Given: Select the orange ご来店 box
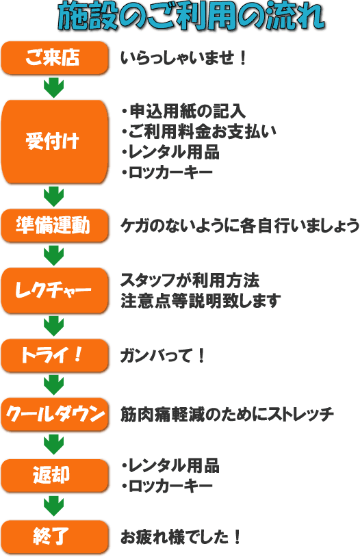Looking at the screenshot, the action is click(54, 58).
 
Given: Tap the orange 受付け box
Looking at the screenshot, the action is click(54, 142).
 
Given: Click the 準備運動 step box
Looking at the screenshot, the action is click(54, 226).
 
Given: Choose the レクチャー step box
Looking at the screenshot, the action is click(54, 291).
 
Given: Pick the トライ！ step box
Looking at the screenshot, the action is click(54, 355).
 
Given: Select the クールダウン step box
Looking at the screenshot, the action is click(54, 414).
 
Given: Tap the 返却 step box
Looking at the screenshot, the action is click(54, 476).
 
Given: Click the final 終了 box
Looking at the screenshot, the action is click(54, 536).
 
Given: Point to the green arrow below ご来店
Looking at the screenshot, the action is click(53, 88).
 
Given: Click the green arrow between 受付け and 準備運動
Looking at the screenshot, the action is click(53, 197).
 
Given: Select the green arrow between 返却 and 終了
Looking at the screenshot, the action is click(53, 506).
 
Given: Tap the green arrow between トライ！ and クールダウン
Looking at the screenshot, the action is click(53, 385).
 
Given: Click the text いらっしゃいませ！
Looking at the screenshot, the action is click(183, 58).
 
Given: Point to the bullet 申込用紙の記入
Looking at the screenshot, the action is click(183, 111).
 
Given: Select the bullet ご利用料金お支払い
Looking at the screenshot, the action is click(198, 131).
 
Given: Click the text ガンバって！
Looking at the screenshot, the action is click(163, 356).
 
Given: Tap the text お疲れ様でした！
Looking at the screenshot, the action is click(181, 536).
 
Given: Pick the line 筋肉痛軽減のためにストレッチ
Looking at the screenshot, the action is click(227, 414).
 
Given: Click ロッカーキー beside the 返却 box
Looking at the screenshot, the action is click(167, 486).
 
